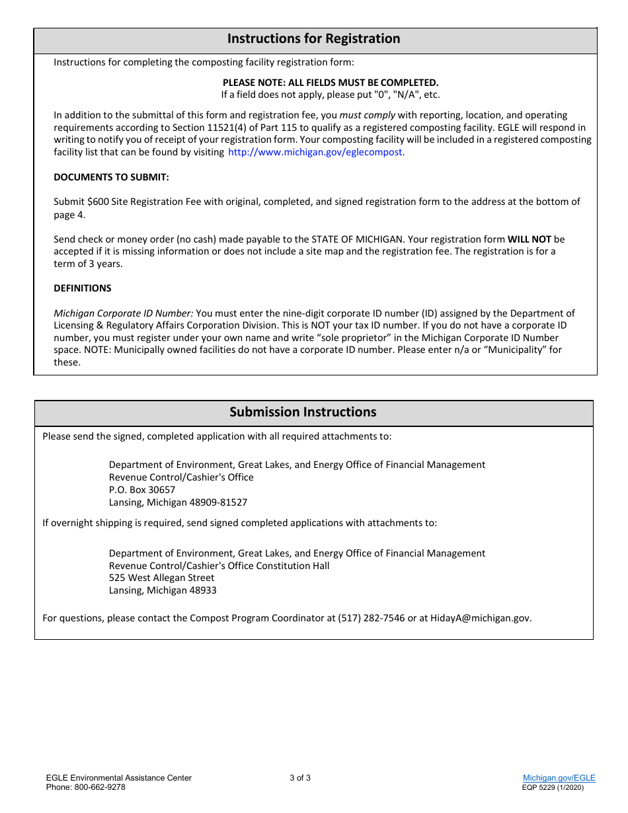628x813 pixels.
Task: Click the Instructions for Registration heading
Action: pyautogui.click(x=313, y=39)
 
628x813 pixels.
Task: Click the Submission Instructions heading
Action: pyautogui.click(x=303, y=412)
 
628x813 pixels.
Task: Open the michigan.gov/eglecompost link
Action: pyautogui.click(x=315, y=152)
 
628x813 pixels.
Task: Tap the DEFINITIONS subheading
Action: pyautogui.click(x=83, y=288)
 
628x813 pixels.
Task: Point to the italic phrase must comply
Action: pyautogui.click(x=367, y=115)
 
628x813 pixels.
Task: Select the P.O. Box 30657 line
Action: pyautogui.click(x=142, y=490)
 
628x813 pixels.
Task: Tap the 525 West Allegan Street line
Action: pyautogui.click(x=161, y=578)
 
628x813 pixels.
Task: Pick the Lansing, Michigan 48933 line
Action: pyautogui.click(x=163, y=590)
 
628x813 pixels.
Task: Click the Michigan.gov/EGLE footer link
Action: pyautogui.click(x=559, y=778)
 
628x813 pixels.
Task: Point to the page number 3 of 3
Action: pyautogui.click(x=300, y=778)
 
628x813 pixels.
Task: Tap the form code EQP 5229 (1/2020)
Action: pyautogui.click(x=553, y=787)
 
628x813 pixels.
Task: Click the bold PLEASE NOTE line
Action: pyautogui.click(x=330, y=83)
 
